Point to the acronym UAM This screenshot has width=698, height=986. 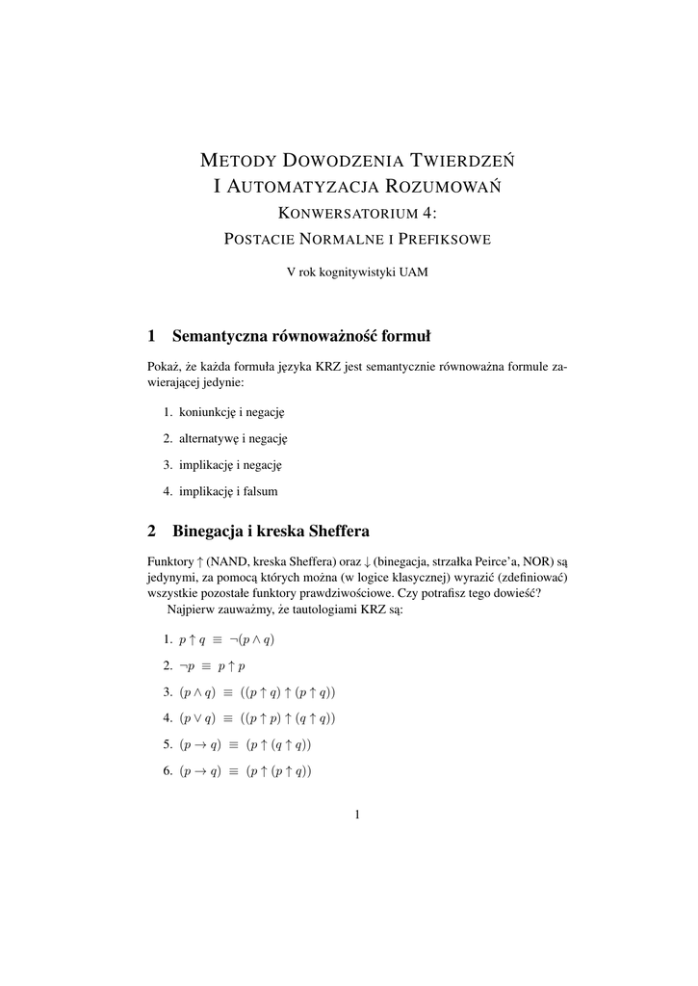coord(412,272)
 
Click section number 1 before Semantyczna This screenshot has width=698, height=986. coord(151,336)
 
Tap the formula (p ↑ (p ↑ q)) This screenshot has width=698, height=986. coord(278,770)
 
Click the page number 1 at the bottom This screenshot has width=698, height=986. coord(356,816)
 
